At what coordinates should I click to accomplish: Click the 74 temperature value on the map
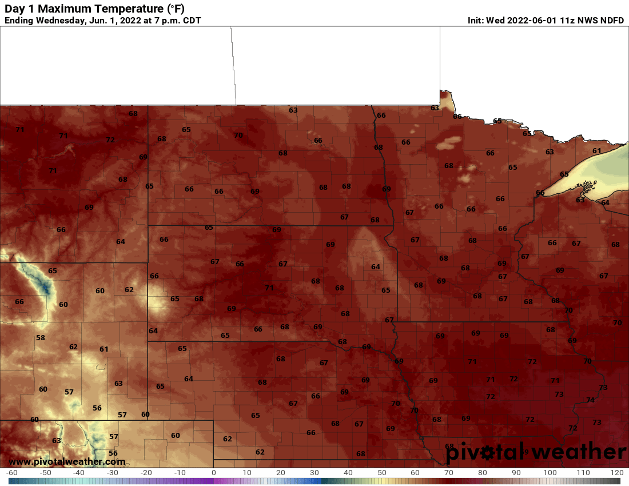coord(590,400)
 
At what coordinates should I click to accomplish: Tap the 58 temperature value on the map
coord(40,338)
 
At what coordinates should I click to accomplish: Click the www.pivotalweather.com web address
coord(67,461)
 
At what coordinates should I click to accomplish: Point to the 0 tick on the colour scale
coord(213,473)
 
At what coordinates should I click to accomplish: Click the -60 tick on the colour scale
coord(11,473)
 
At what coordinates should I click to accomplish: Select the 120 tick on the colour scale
coord(617,473)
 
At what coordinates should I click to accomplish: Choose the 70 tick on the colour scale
coord(449,473)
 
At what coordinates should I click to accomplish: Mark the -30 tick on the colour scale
coord(112,473)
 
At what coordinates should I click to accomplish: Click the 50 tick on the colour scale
coord(381,473)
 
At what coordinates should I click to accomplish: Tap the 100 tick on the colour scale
coord(550,473)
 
